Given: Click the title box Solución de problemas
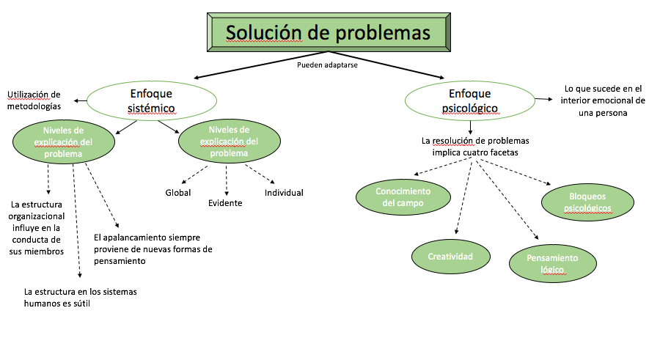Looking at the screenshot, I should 327,34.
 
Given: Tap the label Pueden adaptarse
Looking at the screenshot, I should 326,65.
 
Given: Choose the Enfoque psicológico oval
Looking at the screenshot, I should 470,101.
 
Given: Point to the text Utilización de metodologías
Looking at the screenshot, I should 34,100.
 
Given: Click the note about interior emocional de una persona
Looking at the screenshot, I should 603,100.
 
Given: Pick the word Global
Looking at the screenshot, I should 177,193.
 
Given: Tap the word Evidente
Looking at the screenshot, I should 224,203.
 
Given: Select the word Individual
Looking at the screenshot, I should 284,193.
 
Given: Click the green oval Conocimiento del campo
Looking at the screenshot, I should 403,196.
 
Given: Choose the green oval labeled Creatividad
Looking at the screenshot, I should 450,256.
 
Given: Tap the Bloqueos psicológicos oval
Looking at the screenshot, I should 588,202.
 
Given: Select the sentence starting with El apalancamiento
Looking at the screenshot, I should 153,249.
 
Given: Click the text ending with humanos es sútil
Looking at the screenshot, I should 80,297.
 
